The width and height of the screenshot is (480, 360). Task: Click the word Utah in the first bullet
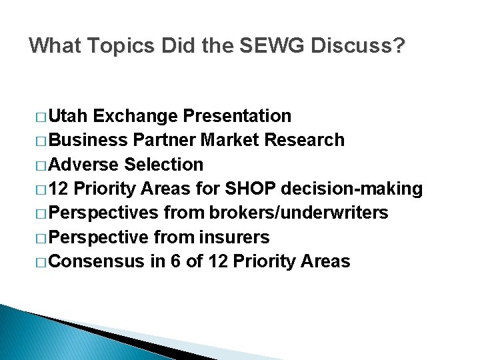click(x=69, y=116)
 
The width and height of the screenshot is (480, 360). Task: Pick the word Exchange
click(x=136, y=116)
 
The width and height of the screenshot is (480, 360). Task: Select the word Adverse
click(x=84, y=164)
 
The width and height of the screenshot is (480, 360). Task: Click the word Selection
click(x=163, y=164)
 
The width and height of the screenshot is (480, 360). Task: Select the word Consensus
click(x=96, y=261)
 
